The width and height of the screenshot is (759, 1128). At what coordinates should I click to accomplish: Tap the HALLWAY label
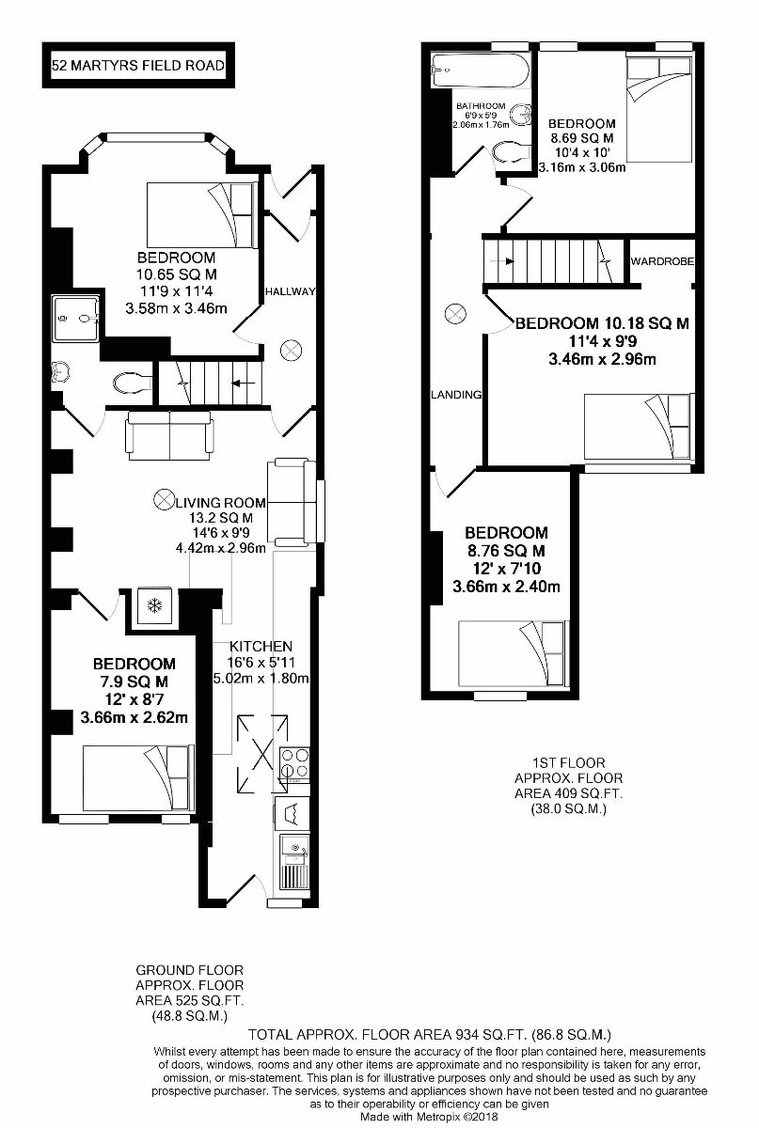click(x=290, y=291)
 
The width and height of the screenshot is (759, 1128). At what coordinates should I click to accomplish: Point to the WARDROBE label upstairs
click(x=663, y=260)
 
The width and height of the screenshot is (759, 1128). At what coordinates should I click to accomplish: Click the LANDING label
click(x=457, y=395)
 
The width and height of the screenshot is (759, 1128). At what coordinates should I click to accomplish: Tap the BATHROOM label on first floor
click(x=481, y=106)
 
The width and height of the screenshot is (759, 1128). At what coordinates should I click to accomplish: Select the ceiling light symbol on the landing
click(x=456, y=313)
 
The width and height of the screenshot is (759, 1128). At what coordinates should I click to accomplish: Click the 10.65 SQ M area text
click(x=177, y=274)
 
